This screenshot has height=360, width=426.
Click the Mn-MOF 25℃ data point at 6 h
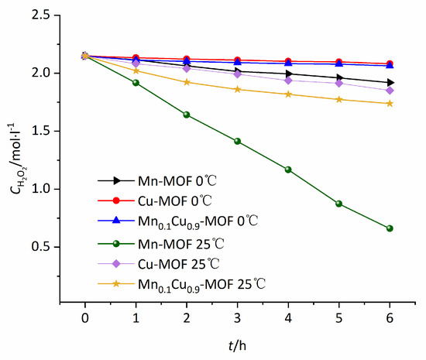(x=390, y=228)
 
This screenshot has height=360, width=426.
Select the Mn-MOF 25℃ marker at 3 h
(x=238, y=141)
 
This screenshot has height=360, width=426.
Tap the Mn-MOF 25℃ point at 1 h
(x=136, y=82)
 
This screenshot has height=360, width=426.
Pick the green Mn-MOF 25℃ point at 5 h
(x=339, y=204)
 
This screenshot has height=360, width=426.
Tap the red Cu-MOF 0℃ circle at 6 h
(x=390, y=63)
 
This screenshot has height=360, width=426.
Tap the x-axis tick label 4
(x=288, y=319)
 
